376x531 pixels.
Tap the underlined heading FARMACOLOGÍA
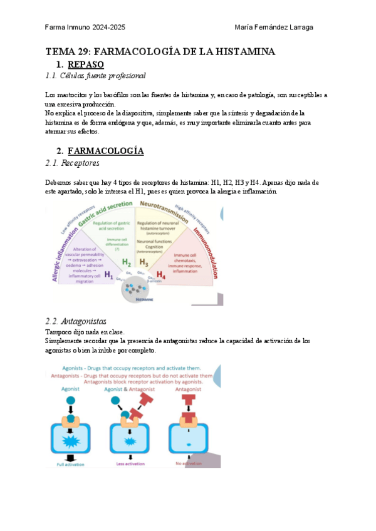click(x=105, y=151)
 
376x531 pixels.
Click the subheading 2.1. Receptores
click(x=72, y=163)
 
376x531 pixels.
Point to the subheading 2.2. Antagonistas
click(x=76, y=321)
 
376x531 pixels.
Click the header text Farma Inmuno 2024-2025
click(x=86, y=27)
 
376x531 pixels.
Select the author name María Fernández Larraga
click(x=274, y=27)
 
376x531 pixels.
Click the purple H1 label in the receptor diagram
click(x=109, y=274)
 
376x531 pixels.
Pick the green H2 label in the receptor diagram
click(x=126, y=262)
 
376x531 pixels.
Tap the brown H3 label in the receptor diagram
click(x=144, y=262)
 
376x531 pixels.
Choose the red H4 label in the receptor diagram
click(x=160, y=274)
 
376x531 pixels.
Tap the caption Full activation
click(x=70, y=463)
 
